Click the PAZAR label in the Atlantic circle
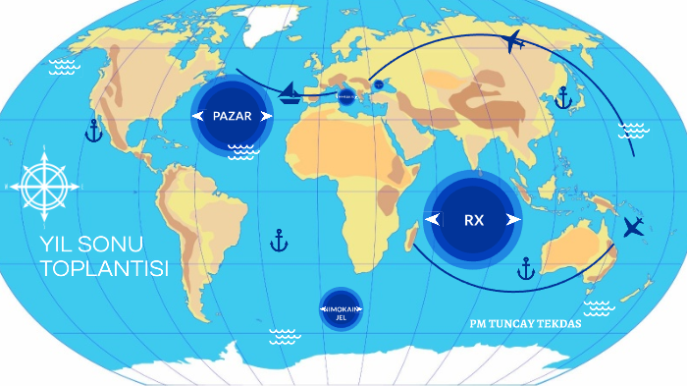pyautogui.click(x=232, y=116)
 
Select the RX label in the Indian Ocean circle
pyautogui.click(x=474, y=220)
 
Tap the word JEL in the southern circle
pyautogui.click(x=342, y=317)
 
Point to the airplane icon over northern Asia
pyautogui.click(x=512, y=41)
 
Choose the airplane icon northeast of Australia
pyautogui.click(x=633, y=228)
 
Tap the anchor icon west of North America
pyautogui.click(x=94, y=131)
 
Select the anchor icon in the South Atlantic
pyautogui.click(x=279, y=240)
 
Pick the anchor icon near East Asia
pyautogui.click(x=563, y=97)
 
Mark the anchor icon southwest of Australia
pyautogui.click(x=526, y=267)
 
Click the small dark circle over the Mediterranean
pyautogui.click(x=345, y=96)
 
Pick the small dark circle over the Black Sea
pyautogui.click(x=379, y=84)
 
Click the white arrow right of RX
pyautogui.click(x=511, y=220)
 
